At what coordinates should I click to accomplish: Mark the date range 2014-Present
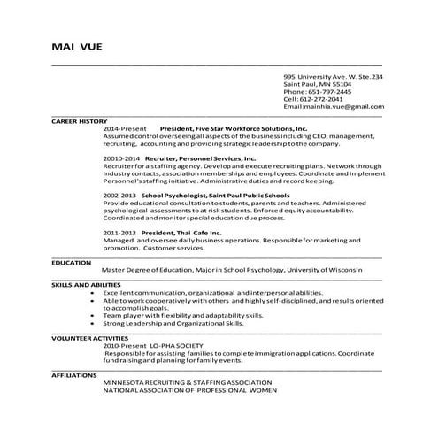click(x=123, y=128)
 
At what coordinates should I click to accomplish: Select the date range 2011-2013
click(x=119, y=233)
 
